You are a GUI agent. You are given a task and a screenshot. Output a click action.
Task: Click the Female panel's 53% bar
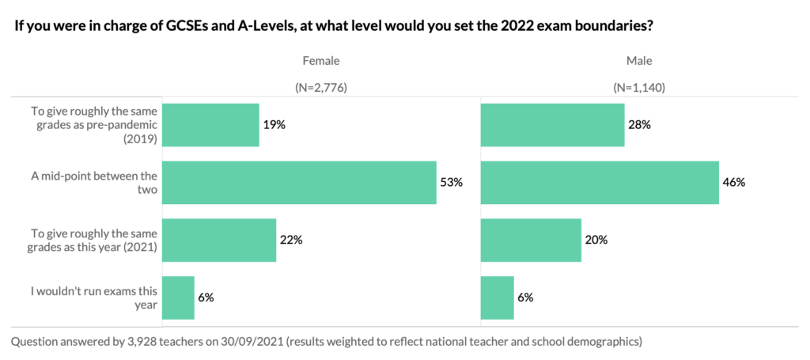[x=299, y=183]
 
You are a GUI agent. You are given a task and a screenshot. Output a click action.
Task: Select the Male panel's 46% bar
[x=600, y=183]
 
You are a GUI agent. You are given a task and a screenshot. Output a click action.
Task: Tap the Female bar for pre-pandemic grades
[x=210, y=125]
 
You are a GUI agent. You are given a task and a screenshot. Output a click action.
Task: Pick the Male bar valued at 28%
[x=552, y=125]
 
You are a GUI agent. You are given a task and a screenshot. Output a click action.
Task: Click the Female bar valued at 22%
[x=219, y=241]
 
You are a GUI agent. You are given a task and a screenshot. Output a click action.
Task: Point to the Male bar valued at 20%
[x=531, y=241]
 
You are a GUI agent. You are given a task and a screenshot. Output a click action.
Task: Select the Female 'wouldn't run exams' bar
[x=178, y=297]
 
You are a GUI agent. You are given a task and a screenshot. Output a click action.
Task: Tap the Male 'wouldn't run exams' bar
[x=498, y=297]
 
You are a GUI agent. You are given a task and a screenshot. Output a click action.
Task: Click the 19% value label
[x=274, y=125]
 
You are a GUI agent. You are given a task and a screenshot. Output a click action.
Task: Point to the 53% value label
[x=451, y=183]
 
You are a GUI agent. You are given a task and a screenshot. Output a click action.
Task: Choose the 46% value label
[x=734, y=183]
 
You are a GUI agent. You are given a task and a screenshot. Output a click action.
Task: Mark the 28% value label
[x=640, y=125]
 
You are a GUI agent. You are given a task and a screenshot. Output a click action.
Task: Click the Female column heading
[x=320, y=61]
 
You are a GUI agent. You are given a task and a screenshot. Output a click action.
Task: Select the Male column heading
[x=639, y=61]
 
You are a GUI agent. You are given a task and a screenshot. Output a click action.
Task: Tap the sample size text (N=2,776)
[x=320, y=88]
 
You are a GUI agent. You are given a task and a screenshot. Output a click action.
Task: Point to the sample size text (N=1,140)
[x=639, y=88]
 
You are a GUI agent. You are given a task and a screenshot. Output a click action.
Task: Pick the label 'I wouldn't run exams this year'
[x=94, y=297]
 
